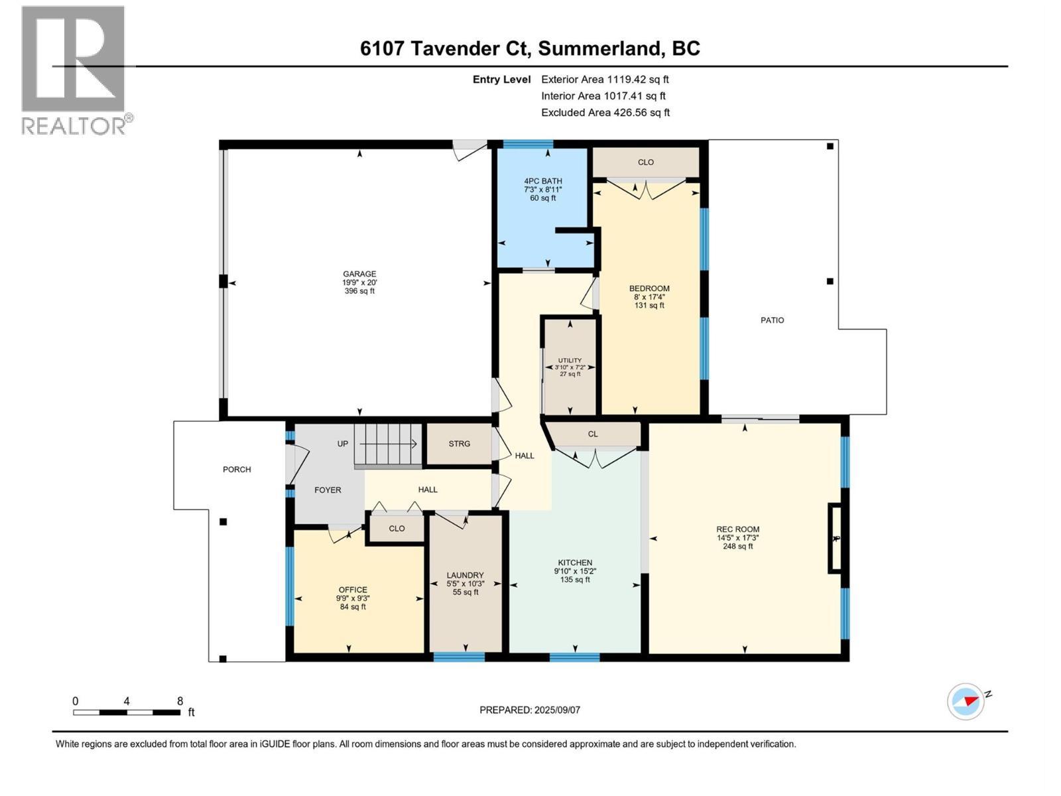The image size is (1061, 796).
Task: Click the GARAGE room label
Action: [x=359, y=274]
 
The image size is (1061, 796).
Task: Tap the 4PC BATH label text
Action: [x=542, y=181]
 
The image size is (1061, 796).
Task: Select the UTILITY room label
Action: [x=570, y=360]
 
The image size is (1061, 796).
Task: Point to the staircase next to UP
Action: [x=387, y=444]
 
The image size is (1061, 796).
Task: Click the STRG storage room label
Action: [x=459, y=444]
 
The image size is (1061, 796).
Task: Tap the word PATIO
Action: [x=772, y=320]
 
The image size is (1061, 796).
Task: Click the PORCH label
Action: [x=237, y=470]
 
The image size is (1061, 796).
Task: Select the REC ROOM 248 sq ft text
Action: [x=737, y=547]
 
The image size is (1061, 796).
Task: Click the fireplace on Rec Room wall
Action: [x=835, y=538]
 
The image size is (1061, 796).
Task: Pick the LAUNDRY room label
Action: [x=465, y=575]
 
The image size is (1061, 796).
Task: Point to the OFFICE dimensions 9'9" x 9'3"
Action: [x=353, y=598]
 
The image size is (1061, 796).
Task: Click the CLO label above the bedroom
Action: [x=646, y=163]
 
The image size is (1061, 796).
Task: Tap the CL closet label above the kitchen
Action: [x=593, y=434]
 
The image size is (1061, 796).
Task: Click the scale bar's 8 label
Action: [x=180, y=701]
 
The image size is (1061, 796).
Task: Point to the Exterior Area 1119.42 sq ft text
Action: [x=605, y=80]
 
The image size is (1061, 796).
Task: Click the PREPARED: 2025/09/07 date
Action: [x=530, y=710]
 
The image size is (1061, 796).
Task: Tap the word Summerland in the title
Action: [x=599, y=48]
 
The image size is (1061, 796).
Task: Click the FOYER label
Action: [x=328, y=490]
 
